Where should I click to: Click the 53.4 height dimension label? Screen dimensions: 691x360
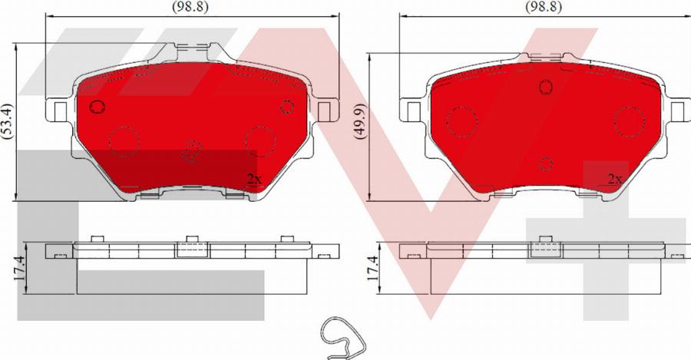point(7,121)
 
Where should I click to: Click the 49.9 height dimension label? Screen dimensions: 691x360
point(360,121)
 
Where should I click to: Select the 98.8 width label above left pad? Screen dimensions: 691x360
point(190,7)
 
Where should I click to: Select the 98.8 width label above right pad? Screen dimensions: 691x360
point(544,7)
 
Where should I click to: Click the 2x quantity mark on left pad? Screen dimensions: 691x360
point(254,179)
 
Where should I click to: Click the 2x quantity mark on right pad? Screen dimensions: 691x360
point(614,179)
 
